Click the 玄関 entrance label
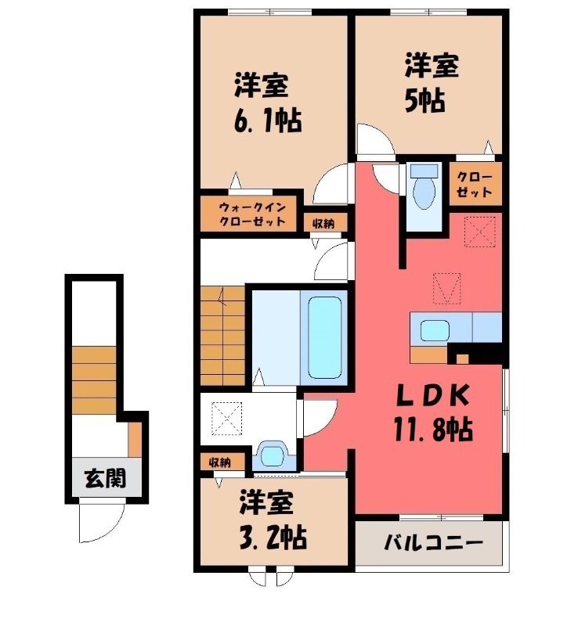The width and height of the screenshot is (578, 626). (106, 478)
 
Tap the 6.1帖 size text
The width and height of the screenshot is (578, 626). (267, 120)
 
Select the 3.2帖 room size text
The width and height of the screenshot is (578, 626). (273, 538)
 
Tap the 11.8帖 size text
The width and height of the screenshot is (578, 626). (433, 429)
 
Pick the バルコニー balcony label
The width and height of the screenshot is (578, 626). (434, 543)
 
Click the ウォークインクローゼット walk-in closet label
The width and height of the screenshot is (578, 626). (253, 214)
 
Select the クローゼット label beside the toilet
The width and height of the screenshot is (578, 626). (474, 184)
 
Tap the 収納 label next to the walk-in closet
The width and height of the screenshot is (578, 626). (323, 224)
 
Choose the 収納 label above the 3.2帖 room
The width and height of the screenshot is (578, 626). (220, 462)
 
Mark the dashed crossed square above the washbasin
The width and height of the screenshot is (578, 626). (226, 419)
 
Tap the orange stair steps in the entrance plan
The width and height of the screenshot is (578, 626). (94, 380)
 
